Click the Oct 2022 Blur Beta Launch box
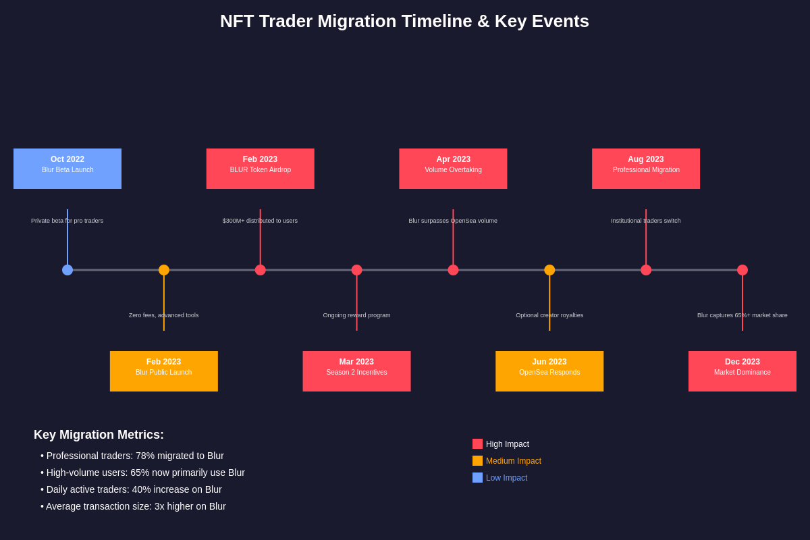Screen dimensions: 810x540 click(x=67, y=169)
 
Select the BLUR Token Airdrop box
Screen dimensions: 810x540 click(x=261, y=169)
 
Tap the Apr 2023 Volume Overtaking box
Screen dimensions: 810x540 click(x=453, y=169)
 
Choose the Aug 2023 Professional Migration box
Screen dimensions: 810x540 click(x=646, y=169)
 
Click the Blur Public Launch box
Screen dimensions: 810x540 click(x=164, y=371)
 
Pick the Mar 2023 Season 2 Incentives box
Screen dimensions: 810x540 click(x=356, y=371)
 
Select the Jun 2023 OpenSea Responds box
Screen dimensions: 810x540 click(x=549, y=371)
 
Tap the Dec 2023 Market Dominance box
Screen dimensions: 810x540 click(x=742, y=371)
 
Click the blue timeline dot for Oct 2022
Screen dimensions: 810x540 click(x=67, y=270)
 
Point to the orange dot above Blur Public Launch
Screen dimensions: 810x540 click(x=164, y=270)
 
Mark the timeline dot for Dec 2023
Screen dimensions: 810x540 click(x=742, y=270)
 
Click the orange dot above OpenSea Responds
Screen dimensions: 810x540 click(x=549, y=270)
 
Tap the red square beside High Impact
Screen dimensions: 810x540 click(x=477, y=444)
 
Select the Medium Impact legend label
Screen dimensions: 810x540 click(x=514, y=461)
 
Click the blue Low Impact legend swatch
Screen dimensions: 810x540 click(x=477, y=478)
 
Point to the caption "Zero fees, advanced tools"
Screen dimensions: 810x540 click(x=164, y=315)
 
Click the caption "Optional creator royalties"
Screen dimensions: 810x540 click(x=549, y=315)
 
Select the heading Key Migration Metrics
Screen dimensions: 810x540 click(x=99, y=435)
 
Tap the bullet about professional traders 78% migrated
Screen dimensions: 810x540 click(x=135, y=456)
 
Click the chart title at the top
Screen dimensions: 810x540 click(x=404, y=21)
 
